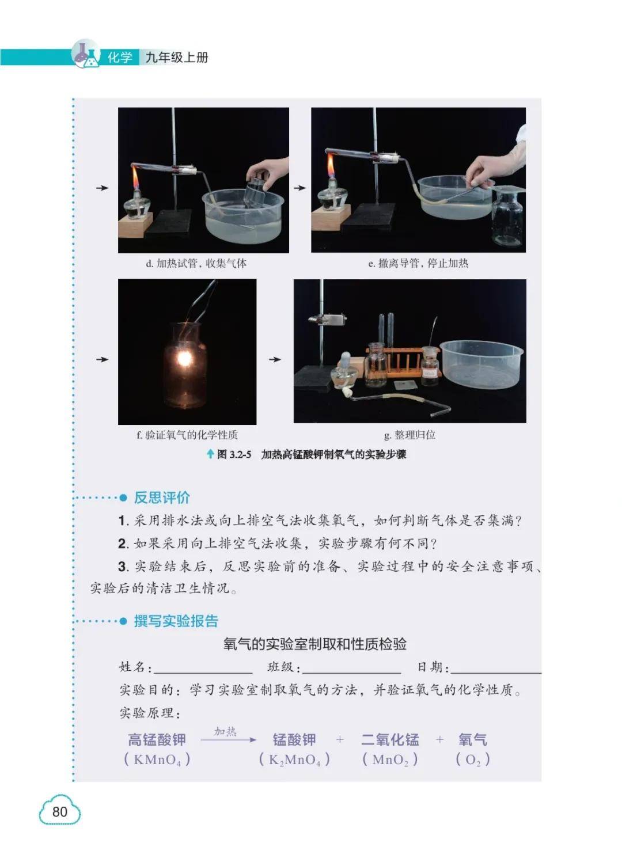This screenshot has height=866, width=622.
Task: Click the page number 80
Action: click(x=59, y=811)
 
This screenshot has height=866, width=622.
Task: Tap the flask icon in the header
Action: click(x=86, y=54)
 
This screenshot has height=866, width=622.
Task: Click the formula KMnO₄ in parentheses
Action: click(x=157, y=759)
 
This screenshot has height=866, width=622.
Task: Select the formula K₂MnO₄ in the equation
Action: click(x=294, y=759)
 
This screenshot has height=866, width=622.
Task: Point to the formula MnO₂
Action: click(x=390, y=759)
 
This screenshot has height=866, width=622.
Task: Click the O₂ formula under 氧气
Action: click(x=473, y=759)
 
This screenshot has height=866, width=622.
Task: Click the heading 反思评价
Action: click(x=162, y=497)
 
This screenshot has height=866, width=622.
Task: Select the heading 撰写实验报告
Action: click(x=176, y=621)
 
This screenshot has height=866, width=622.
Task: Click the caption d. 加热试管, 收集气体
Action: click(x=196, y=264)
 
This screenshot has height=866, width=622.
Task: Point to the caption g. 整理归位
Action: click(x=409, y=435)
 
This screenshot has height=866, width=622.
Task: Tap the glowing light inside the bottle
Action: click(x=184, y=359)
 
